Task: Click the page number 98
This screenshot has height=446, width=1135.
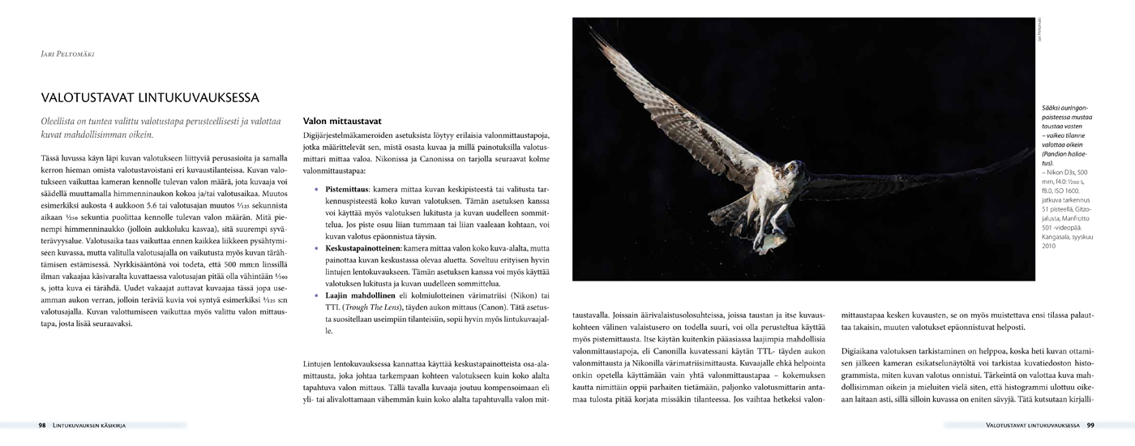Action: point(42,425)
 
